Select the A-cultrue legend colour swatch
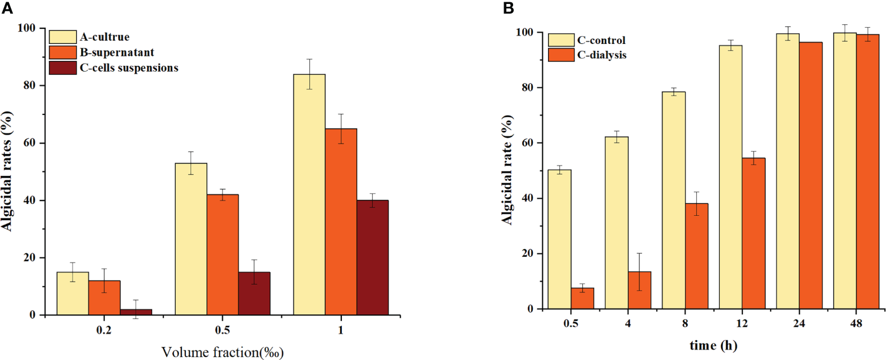63,37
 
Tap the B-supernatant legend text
117,52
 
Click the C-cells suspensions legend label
129,68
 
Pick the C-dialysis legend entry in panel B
602,55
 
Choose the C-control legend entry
601,41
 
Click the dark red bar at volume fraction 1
372,257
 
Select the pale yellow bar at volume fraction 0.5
191,239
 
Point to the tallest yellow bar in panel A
309,194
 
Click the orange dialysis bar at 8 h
696,256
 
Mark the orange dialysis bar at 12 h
754,233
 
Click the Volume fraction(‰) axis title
222,353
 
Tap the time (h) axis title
713,345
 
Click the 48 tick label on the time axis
856,323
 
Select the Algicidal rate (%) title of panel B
507,170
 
